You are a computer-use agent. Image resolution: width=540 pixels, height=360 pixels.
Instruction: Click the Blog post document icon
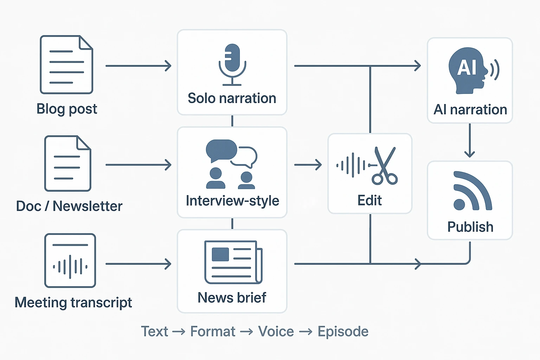66,65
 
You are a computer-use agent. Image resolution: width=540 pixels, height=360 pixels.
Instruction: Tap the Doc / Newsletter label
69,206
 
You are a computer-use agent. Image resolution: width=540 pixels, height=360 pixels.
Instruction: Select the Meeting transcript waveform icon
70,261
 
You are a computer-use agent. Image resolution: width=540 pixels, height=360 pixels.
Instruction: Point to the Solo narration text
232,98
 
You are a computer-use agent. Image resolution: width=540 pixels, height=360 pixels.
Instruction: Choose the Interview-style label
232,201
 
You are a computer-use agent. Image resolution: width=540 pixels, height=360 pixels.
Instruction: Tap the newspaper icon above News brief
233,262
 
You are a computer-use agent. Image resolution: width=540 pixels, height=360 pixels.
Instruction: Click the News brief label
232,298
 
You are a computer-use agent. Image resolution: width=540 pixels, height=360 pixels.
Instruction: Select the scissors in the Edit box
385,166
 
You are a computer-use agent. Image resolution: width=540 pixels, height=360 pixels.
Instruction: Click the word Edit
369,200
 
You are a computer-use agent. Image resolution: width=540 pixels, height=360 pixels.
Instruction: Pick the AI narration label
470,110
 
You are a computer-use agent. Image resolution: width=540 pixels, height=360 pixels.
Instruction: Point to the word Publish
470,227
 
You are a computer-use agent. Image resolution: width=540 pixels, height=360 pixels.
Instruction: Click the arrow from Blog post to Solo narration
138,66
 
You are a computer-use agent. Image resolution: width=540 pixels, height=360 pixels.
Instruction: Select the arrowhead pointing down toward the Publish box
470,153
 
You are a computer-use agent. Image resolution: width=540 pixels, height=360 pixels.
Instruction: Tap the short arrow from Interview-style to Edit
308,165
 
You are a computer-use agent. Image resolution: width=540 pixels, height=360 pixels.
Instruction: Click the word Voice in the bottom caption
276,332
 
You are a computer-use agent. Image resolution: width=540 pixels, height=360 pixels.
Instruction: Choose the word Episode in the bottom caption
343,332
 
